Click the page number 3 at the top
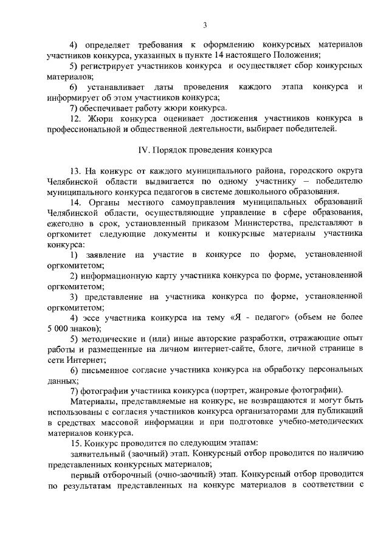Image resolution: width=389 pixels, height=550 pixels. point(205,25)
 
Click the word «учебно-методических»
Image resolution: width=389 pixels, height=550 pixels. point(324,422)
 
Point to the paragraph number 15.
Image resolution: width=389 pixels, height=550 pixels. point(76,444)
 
